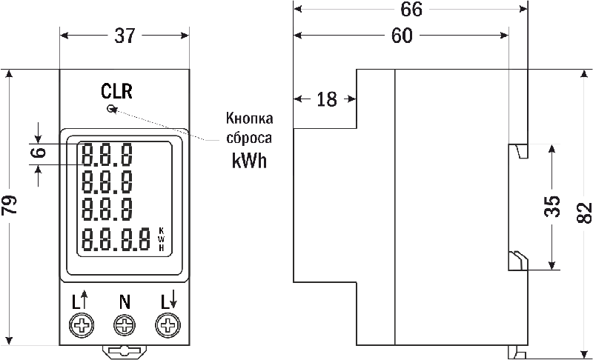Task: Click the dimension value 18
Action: (326, 99)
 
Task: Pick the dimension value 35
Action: (551, 207)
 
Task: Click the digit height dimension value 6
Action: (39, 154)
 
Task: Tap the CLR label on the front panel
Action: (117, 92)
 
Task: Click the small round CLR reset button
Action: (111, 109)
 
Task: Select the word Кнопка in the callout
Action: (249, 119)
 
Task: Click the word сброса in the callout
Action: (248, 139)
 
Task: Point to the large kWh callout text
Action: (248, 161)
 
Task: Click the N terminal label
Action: (125, 301)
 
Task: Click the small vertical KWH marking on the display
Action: (162, 239)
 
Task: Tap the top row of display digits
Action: (108, 155)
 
